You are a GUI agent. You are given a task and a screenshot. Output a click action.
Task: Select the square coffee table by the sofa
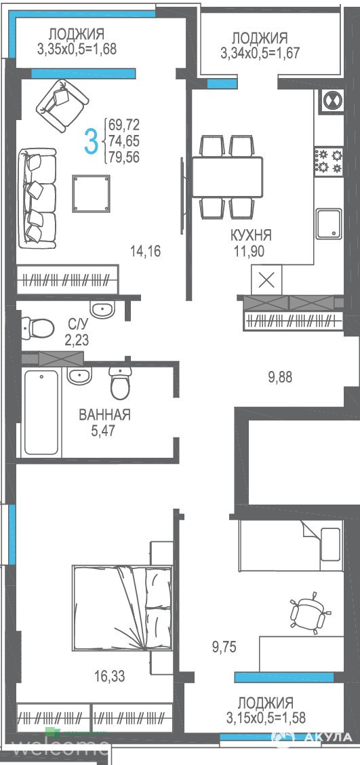(x=91, y=193)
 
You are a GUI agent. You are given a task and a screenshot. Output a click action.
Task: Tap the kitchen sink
(x=329, y=224)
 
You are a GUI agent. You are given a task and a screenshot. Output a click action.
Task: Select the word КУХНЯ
(x=252, y=235)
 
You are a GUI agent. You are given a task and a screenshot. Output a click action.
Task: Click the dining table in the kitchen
(x=227, y=176)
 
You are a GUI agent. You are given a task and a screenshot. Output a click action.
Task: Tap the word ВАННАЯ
(x=104, y=415)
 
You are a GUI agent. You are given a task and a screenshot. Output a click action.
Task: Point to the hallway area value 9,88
(x=280, y=377)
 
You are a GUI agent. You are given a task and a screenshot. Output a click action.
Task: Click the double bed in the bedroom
(x=122, y=608)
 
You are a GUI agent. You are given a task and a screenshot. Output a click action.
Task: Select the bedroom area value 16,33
(x=111, y=677)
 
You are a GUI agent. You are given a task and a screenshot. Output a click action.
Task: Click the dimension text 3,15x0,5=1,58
(x=265, y=718)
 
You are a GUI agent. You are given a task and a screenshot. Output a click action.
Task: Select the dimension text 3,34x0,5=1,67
(x=260, y=53)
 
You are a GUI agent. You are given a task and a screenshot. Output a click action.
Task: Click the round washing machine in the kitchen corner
(x=333, y=102)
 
